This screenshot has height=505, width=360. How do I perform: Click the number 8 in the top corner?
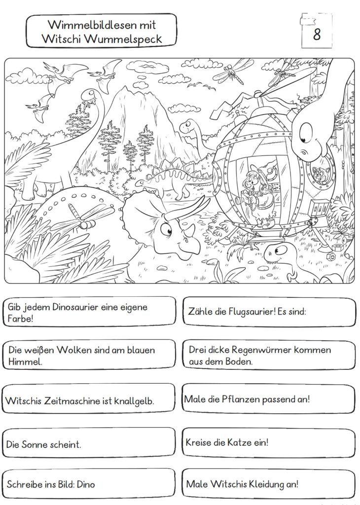pos(317,34)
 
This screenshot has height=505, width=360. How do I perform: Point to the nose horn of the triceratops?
pos(191,230)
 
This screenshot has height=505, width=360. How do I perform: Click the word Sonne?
pos(35,445)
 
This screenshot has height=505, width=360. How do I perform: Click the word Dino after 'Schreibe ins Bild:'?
pos(86,484)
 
